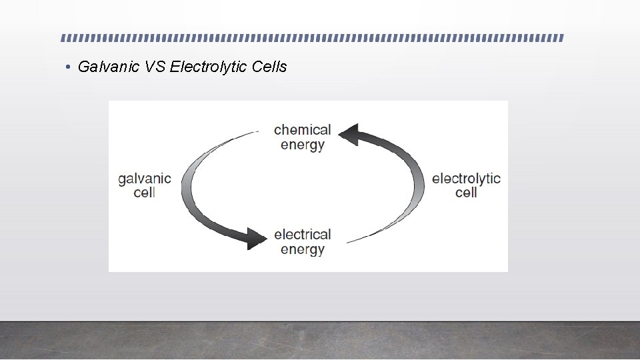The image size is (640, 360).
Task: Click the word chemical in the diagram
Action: pyautogui.click(x=302, y=129)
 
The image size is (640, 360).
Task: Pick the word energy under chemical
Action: pyautogui.click(x=303, y=145)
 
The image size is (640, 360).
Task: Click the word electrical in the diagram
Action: pyautogui.click(x=302, y=234)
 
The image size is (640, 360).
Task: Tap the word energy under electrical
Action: pyautogui.click(x=303, y=249)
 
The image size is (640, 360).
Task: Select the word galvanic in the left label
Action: pyautogui.click(x=144, y=179)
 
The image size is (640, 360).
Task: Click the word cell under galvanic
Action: pyautogui.click(x=144, y=193)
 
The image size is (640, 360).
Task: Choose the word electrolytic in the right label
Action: pyautogui.click(x=466, y=178)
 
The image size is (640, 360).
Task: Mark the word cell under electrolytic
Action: pyautogui.click(x=466, y=193)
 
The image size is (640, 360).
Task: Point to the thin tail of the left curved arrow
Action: pyautogui.click(x=250, y=133)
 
